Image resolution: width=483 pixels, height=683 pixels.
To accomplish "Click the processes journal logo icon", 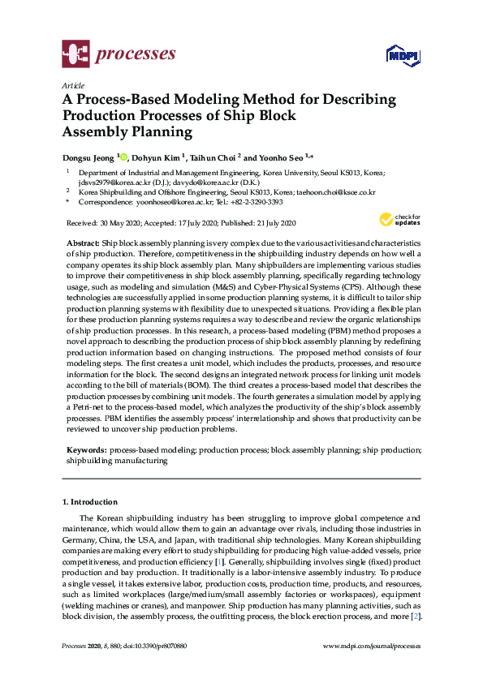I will coord(75,54).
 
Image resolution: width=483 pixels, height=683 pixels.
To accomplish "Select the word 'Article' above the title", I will coord(72,84).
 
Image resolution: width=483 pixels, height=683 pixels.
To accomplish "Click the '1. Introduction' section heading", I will coord(90,502).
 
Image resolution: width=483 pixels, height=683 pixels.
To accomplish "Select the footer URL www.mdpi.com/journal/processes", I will coord(372,646).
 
